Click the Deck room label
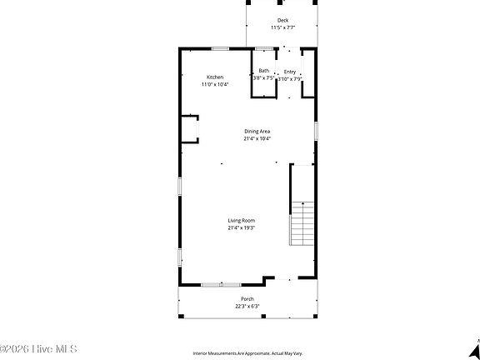(282, 20)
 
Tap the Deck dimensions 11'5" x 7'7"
(282, 27)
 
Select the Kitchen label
(215, 77)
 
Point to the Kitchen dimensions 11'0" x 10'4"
(215, 84)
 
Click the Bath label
(263, 71)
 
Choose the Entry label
(289, 72)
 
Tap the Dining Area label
(257, 131)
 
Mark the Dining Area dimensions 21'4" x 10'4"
(257, 138)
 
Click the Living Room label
(242, 220)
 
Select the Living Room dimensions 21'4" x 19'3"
(242, 227)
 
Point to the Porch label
(247, 298)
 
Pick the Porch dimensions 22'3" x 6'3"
(247, 306)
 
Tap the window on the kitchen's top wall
(222, 48)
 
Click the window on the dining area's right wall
(316, 131)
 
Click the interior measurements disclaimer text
(247, 352)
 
